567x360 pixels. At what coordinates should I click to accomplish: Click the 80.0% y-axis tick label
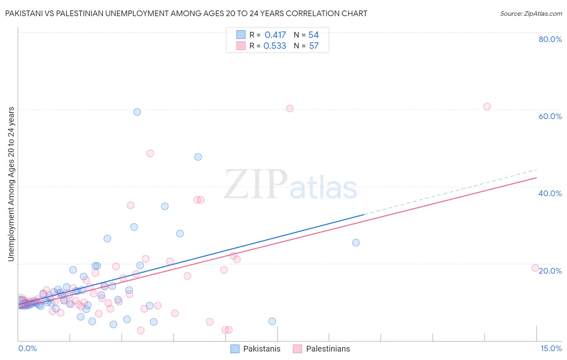(550, 39)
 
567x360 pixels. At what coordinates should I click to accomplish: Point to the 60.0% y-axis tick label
(550, 116)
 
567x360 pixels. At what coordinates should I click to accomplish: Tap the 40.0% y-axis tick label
(550, 193)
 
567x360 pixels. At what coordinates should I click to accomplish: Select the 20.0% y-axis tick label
(550, 271)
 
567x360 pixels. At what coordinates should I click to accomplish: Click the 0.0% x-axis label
(27, 348)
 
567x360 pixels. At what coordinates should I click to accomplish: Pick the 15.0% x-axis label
(551, 348)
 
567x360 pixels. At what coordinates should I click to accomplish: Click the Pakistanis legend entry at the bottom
(261, 349)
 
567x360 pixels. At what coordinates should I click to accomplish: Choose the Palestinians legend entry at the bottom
(328, 349)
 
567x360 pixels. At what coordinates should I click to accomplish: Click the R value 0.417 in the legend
(275, 35)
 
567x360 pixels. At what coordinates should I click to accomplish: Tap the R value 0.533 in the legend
(275, 46)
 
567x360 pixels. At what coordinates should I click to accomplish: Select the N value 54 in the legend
(313, 35)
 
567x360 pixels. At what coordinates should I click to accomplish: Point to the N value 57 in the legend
(314, 46)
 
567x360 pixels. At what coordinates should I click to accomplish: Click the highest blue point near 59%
(137, 112)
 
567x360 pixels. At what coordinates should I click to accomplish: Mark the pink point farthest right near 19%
(535, 268)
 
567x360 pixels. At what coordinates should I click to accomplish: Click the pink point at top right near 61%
(487, 107)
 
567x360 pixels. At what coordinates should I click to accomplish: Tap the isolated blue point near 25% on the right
(356, 243)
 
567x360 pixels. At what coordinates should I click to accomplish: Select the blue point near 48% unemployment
(198, 157)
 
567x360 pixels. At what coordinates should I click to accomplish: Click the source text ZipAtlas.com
(531, 14)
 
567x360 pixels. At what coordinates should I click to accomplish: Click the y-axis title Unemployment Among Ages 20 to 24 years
(11, 184)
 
